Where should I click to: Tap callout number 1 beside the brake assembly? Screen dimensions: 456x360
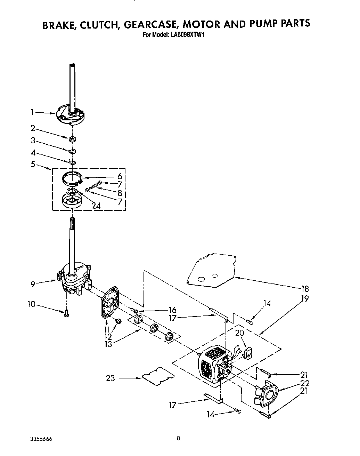tap(32, 112)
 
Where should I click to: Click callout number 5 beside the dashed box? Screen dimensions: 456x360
tap(33, 164)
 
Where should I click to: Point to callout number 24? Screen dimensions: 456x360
tap(96, 206)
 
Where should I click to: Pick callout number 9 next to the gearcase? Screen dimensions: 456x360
tap(33, 284)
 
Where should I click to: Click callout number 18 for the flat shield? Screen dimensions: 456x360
tap(305, 288)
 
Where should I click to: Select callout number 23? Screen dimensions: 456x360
tap(110, 378)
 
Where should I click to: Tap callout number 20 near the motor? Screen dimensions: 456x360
tap(240, 333)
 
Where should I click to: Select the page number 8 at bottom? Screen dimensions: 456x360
tap(178, 439)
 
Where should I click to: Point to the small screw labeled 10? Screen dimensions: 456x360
tap(66, 313)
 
